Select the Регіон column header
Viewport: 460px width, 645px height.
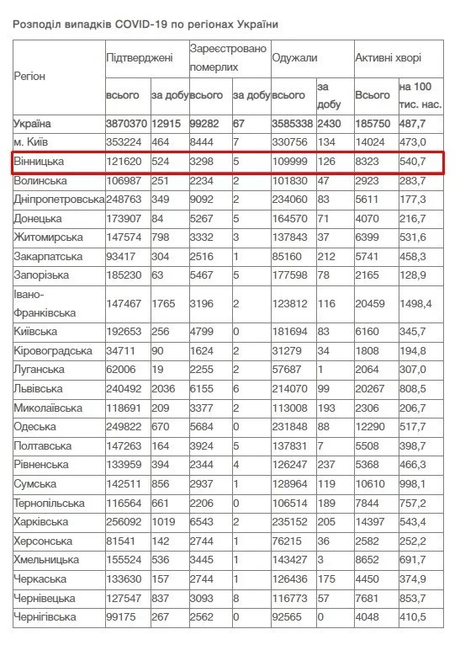[29, 77]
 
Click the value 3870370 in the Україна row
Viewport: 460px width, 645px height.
[127, 124]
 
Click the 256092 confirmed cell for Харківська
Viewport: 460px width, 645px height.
[124, 522]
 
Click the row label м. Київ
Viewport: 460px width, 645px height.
[34, 141]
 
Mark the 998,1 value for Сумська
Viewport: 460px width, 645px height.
[414, 484]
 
